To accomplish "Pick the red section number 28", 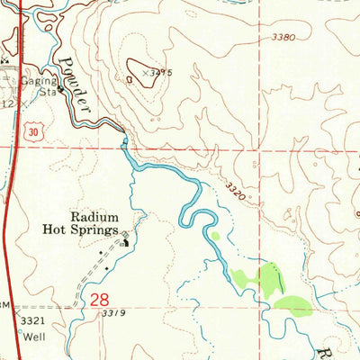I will pyautogui.click(x=102, y=301).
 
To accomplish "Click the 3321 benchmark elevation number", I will pyautogui.click(x=31, y=320).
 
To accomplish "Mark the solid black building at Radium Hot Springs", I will pyautogui.click(x=125, y=238).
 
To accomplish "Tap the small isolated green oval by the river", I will pyautogui.click(x=214, y=237).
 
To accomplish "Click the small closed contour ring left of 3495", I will pyautogui.click(x=132, y=79).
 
